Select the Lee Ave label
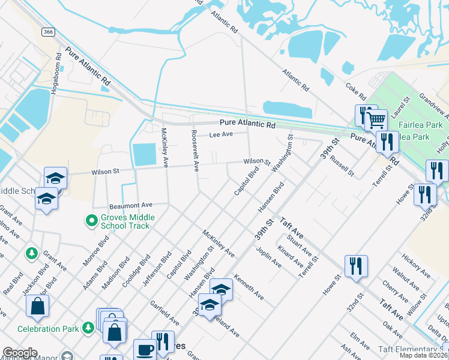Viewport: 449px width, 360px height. [220, 135]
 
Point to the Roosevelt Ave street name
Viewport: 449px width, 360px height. [194, 149]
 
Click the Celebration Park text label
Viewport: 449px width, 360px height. [47, 329]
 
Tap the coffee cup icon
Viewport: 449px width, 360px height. [144, 349]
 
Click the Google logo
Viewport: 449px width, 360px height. [20, 353]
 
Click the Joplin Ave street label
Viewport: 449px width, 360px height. [268, 257]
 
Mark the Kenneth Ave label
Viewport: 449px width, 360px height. [249, 287]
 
